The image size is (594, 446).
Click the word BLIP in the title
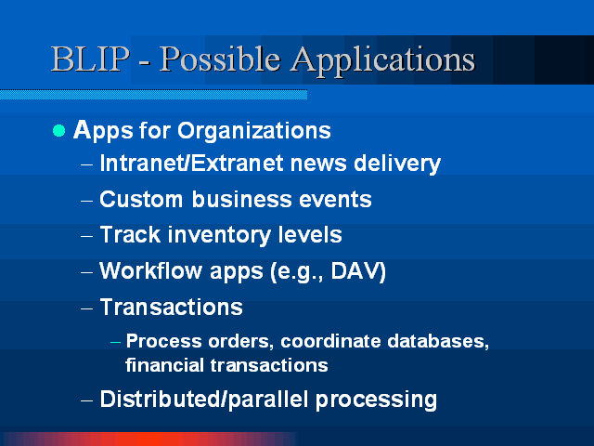coord(90,59)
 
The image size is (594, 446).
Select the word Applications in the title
coord(382,60)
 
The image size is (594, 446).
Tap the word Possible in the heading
coord(220,59)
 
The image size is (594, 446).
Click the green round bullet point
coord(59,131)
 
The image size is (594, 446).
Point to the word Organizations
coord(254,131)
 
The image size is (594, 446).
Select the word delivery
coord(397,164)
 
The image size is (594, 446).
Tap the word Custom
coord(141,200)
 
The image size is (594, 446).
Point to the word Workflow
coord(149,270)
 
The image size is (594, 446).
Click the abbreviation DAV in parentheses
coord(355,270)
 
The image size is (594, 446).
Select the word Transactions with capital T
coord(171,308)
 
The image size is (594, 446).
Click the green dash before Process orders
coord(115,343)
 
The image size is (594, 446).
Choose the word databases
coord(438,341)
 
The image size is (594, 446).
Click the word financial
coord(165,365)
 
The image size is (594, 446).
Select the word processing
coord(376,400)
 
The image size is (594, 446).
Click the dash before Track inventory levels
coord(86,237)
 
